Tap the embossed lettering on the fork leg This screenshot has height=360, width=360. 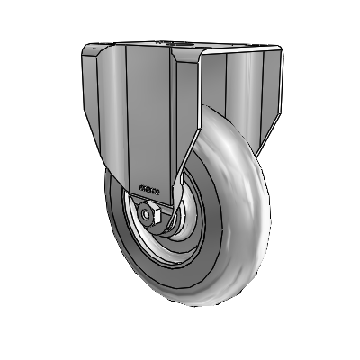point(149,190)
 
